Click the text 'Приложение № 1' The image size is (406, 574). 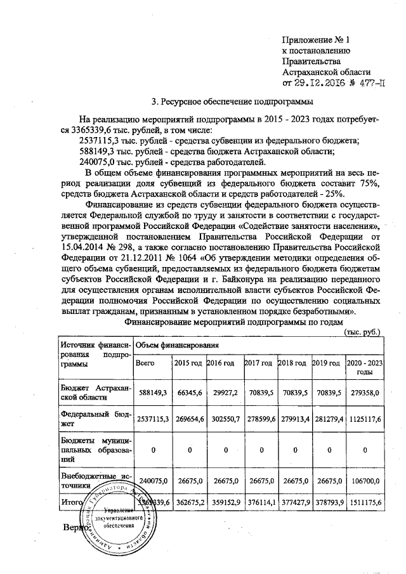pyautogui.click(x=315, y=40)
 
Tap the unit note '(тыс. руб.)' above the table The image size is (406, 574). pyautogui.click(x=362, y=332)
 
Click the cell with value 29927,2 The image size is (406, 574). pyautogui.click(x=223, y=393)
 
